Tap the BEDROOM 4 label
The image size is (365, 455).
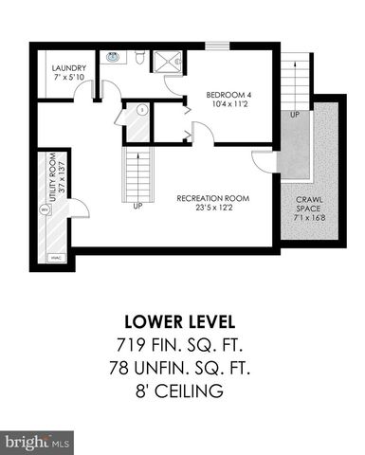point(232,94)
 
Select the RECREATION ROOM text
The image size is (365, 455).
point(212,198)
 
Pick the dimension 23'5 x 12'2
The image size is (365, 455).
point(212,208)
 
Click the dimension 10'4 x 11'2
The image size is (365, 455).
point(232,103)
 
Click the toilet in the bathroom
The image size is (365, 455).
point(139,58)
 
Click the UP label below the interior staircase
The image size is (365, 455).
point(138,204)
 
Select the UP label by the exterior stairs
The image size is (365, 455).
point(295,114)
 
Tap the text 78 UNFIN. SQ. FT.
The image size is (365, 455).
point(182,367)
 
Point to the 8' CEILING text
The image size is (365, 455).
point(182,391)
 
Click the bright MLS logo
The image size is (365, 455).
point(38,442)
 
